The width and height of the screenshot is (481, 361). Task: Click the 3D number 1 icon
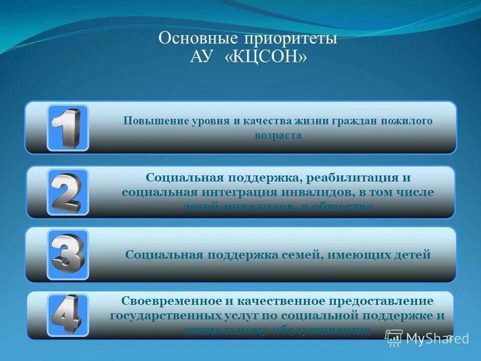(x=68, y=127)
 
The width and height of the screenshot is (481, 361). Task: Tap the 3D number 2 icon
(x=68, y=192)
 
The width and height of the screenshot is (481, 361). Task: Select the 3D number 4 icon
(x=68, y=315)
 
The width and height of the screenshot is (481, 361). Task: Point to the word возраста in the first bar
(x=278, y=135)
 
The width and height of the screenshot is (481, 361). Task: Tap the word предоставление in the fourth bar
(x=381, y=301)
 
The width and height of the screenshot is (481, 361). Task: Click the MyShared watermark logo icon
(x=394, y=338)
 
